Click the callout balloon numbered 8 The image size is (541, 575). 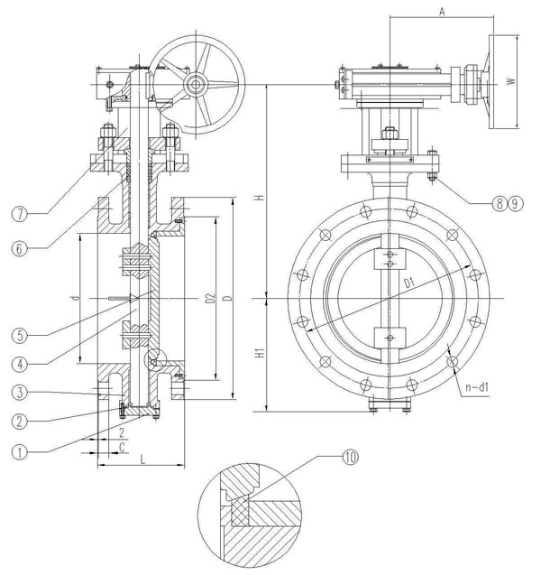498,204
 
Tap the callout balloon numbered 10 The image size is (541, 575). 349,457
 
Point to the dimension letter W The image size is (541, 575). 510,81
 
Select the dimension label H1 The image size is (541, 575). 257,355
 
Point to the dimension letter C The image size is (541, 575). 121,447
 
